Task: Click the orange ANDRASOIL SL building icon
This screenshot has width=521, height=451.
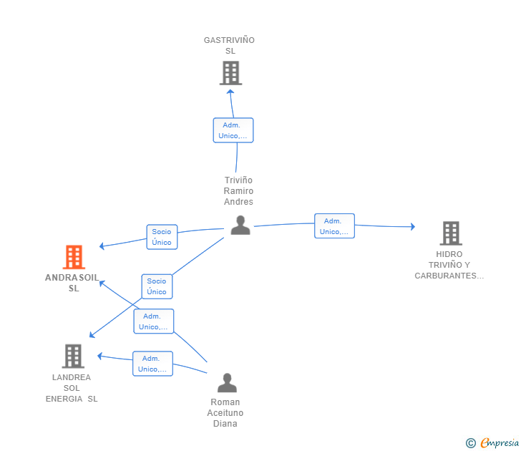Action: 74,257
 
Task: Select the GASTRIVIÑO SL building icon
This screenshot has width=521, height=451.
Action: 230,73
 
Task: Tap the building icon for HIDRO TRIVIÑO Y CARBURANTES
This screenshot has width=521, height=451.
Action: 450,233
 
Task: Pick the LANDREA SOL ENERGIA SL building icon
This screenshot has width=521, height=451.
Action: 73,356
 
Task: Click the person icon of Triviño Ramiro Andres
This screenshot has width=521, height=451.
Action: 240,225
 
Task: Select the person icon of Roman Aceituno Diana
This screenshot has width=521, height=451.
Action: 227,383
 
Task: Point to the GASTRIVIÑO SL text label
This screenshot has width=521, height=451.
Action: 229,45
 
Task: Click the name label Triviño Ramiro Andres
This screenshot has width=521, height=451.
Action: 238,191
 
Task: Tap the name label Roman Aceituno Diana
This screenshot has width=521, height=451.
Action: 225,412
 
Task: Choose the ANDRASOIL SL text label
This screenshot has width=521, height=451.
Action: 73,283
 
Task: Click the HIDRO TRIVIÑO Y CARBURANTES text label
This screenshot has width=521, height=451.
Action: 449,265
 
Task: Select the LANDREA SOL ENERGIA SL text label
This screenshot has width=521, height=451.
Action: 72,388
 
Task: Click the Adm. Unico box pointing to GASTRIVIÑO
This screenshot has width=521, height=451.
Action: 233,130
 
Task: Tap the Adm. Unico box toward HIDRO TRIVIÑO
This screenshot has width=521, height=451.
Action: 334,226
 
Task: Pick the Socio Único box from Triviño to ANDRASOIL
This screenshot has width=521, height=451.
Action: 162,237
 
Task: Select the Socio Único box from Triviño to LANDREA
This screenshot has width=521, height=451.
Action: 157,286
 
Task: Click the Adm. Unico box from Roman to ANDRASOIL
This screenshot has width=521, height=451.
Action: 153,321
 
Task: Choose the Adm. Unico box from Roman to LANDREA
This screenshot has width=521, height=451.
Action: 152,364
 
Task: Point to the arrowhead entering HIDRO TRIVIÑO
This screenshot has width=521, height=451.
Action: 412,227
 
